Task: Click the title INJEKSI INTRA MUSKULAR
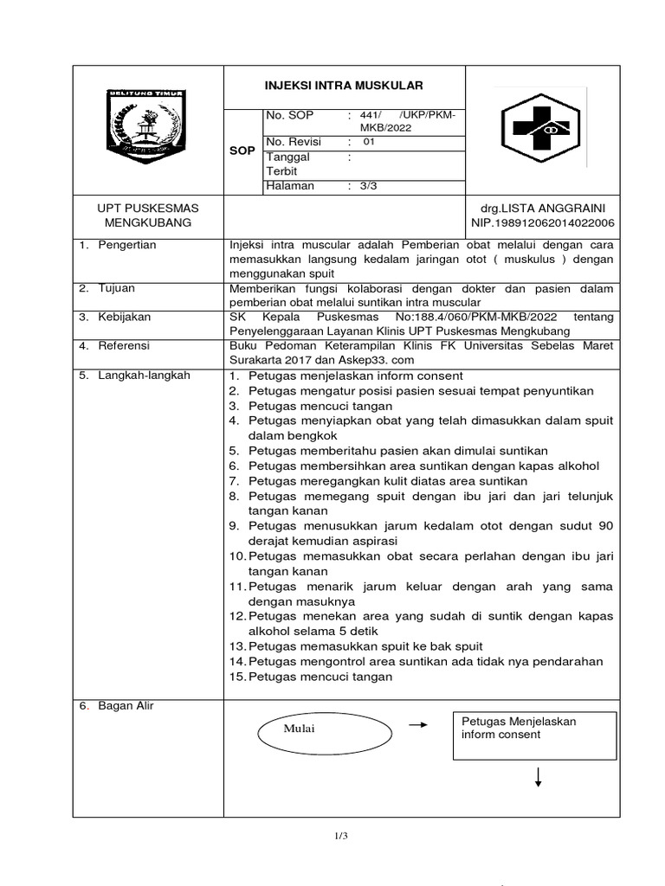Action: click(344, 85)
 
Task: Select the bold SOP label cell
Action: click(242, 151)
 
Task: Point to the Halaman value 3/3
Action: click(369, 186)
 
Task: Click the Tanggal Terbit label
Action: click(289, 164)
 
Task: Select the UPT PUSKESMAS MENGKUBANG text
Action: click(146, 215)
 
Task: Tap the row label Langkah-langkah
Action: click(137, 375)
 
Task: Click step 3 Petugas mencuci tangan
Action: click(320, 406)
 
